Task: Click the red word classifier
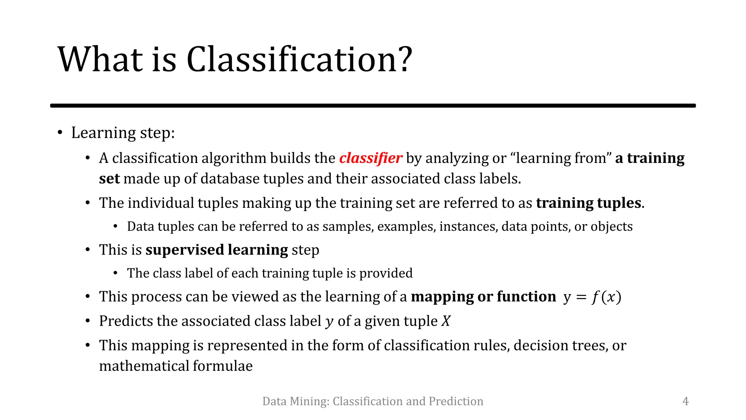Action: [x=370, y=158]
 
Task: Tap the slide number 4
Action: [x=685, y=401]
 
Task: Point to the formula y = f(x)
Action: [x=592, y=297]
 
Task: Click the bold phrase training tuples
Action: [x=588, y=203]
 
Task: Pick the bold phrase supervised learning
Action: [x=217, y=250]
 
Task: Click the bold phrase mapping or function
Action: [x=483, y=297]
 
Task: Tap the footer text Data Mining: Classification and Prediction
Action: [x=373, y=401]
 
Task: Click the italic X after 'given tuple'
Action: [x=446, y=321]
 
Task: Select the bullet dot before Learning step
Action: [x=60, y=132]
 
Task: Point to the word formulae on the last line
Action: [x=223, y=366]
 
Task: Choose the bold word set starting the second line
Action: [x=109, y=179]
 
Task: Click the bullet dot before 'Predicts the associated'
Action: [x=88, y=321]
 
